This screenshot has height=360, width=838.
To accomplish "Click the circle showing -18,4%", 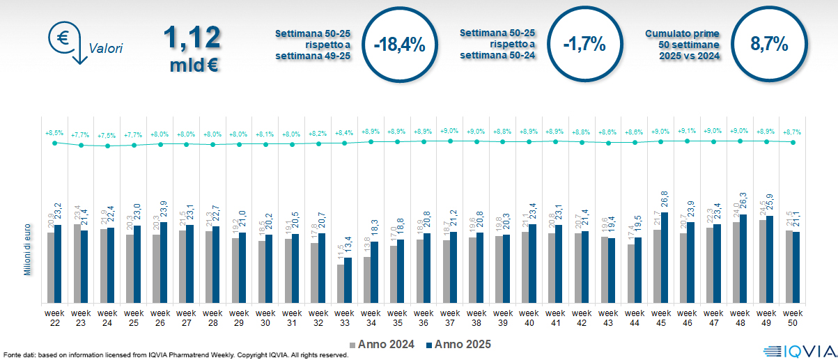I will [399, 45].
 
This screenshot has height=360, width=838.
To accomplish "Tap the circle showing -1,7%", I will [584, 45].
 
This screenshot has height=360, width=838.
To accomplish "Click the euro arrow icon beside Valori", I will [66, 42].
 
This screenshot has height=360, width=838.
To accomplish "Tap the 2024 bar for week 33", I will [341, 283].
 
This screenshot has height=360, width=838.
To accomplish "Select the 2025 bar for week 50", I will [796, 267].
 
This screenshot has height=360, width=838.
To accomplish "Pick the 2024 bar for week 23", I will [77, 264].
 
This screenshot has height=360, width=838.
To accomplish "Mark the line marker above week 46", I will [688, 141].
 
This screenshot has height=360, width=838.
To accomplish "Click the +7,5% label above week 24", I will [107, 135].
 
